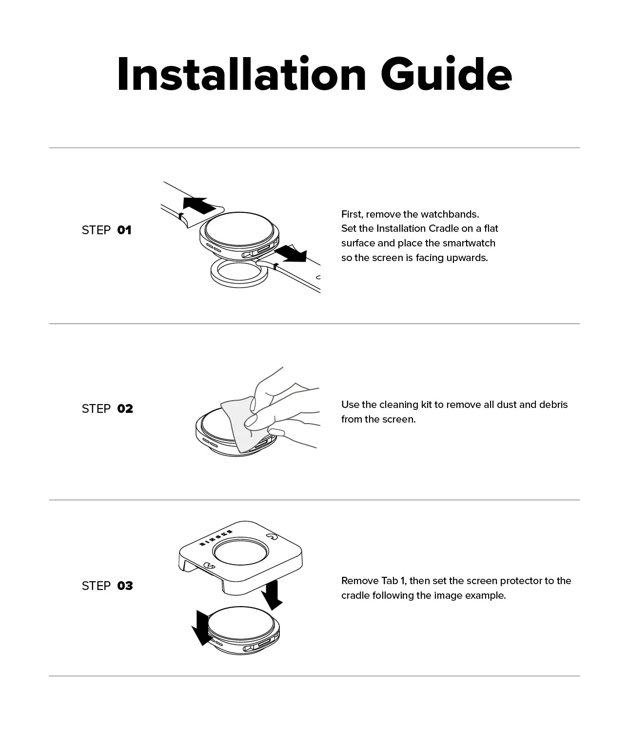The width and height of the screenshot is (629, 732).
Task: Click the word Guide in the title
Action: tap(446, 74)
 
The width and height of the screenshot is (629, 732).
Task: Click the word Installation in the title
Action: tap(241, 74)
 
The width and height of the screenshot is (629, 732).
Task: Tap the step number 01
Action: tap(124, 230)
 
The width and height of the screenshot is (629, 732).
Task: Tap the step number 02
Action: tap(125, 408)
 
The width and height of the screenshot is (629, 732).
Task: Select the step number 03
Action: tap(125, 586)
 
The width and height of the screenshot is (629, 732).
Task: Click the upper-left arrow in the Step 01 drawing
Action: tap(200, 205)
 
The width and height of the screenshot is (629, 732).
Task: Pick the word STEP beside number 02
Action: tap(96, 408)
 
